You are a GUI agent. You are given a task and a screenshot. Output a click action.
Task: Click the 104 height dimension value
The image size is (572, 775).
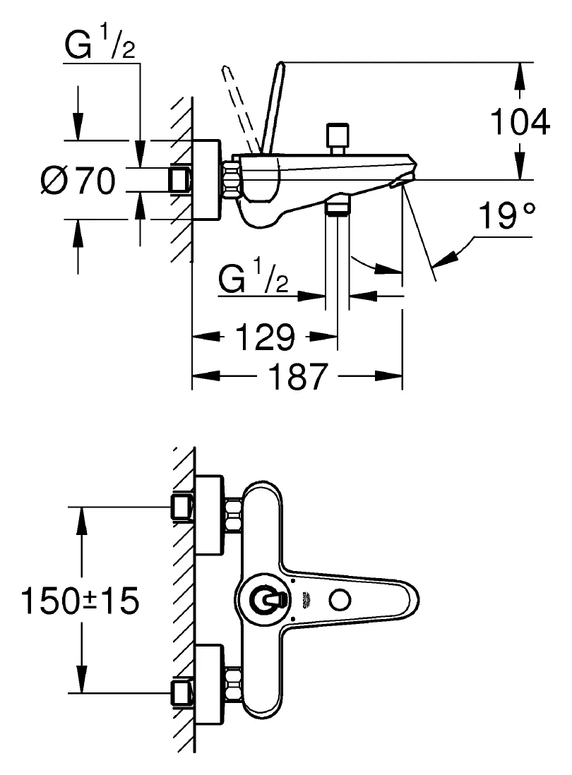[x=520, y=122]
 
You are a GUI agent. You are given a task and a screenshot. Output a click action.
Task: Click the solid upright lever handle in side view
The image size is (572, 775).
[x=273, y=106]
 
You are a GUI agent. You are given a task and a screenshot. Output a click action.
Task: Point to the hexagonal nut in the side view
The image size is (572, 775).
[x=232, y=180]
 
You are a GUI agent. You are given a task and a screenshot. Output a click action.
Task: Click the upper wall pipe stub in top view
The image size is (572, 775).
[x=182, y=507]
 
